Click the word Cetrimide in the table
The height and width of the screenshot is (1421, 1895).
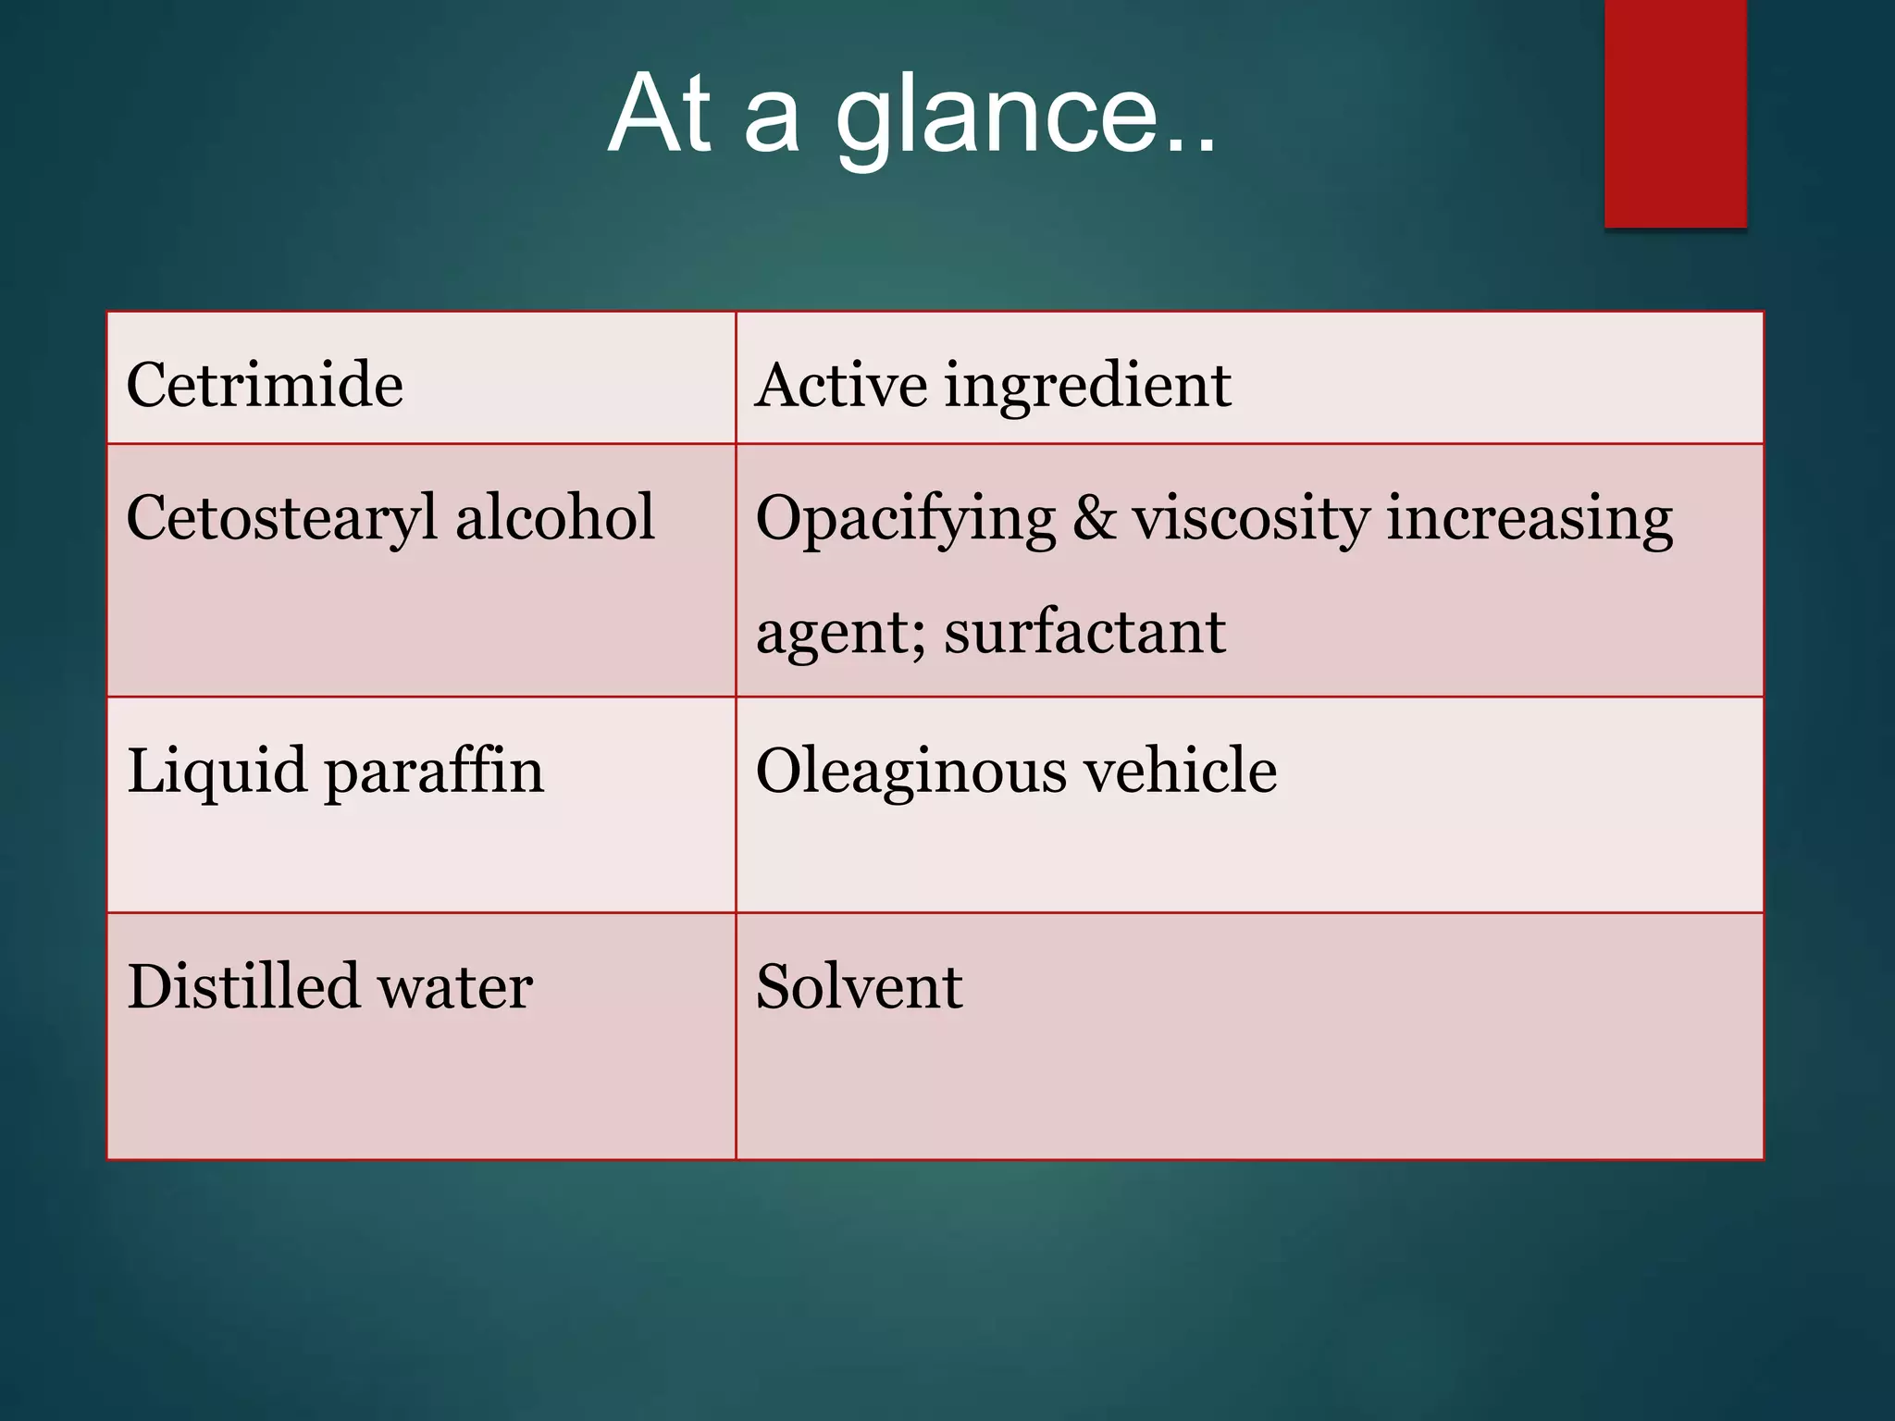[265, 385]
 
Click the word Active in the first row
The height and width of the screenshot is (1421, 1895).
[841, 385]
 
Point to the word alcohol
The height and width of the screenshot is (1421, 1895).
[555, 517]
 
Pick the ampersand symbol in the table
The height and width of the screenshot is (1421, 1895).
[1094, 518]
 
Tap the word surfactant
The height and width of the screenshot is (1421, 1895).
[1084, 633]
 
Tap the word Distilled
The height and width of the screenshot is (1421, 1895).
[242, 986]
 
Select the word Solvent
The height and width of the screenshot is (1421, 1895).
[859, 986]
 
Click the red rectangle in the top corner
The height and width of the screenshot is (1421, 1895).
[1675, 113]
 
